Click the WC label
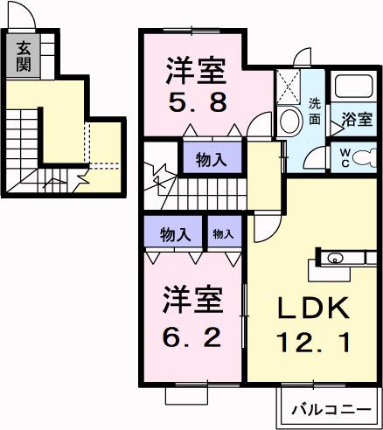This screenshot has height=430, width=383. click(x=345, y=158)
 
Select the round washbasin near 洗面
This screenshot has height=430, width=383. click(x=288, y=121)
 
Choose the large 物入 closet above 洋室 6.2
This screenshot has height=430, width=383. click(x=175, y=233)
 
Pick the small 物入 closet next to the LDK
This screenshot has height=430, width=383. click(x=224, y=233)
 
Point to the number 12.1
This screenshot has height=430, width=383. click(x=315, y=341)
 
